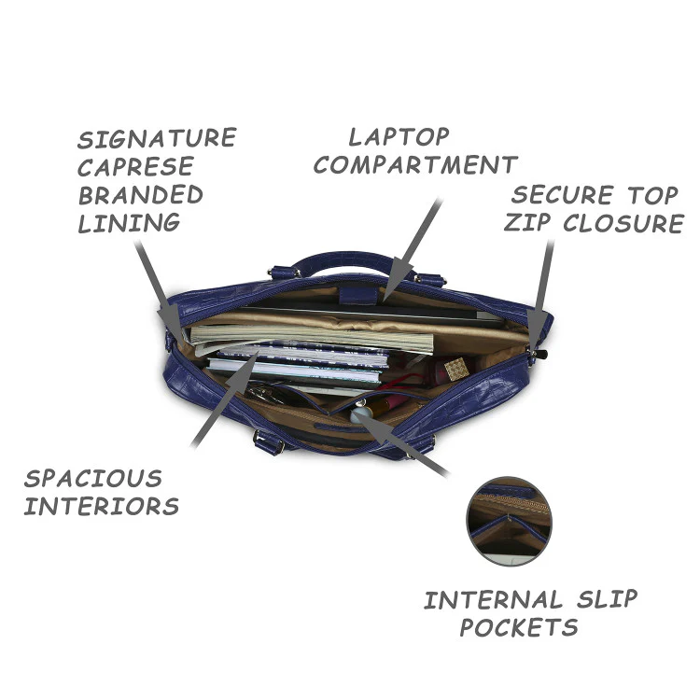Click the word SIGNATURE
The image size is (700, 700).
point(157,138)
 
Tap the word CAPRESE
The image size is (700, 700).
point(135,166)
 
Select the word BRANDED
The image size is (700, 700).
point(141,195)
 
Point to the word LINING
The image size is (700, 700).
point(129,223)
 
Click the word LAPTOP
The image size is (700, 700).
point(399,136)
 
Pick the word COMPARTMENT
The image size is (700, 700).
point(415,164)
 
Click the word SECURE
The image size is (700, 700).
point(563,195)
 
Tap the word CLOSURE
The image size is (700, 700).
point(623,223)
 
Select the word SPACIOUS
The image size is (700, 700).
point(93,478)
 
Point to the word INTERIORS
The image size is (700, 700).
point(102,506)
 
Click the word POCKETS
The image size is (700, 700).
point(519,627)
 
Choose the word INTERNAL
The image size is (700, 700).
point(493,599)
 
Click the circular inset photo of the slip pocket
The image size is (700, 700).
point(509,521)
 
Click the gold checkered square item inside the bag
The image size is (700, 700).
point(456,369)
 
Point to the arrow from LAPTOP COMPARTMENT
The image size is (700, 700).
point(412,249)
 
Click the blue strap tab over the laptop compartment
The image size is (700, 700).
point(358,295)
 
